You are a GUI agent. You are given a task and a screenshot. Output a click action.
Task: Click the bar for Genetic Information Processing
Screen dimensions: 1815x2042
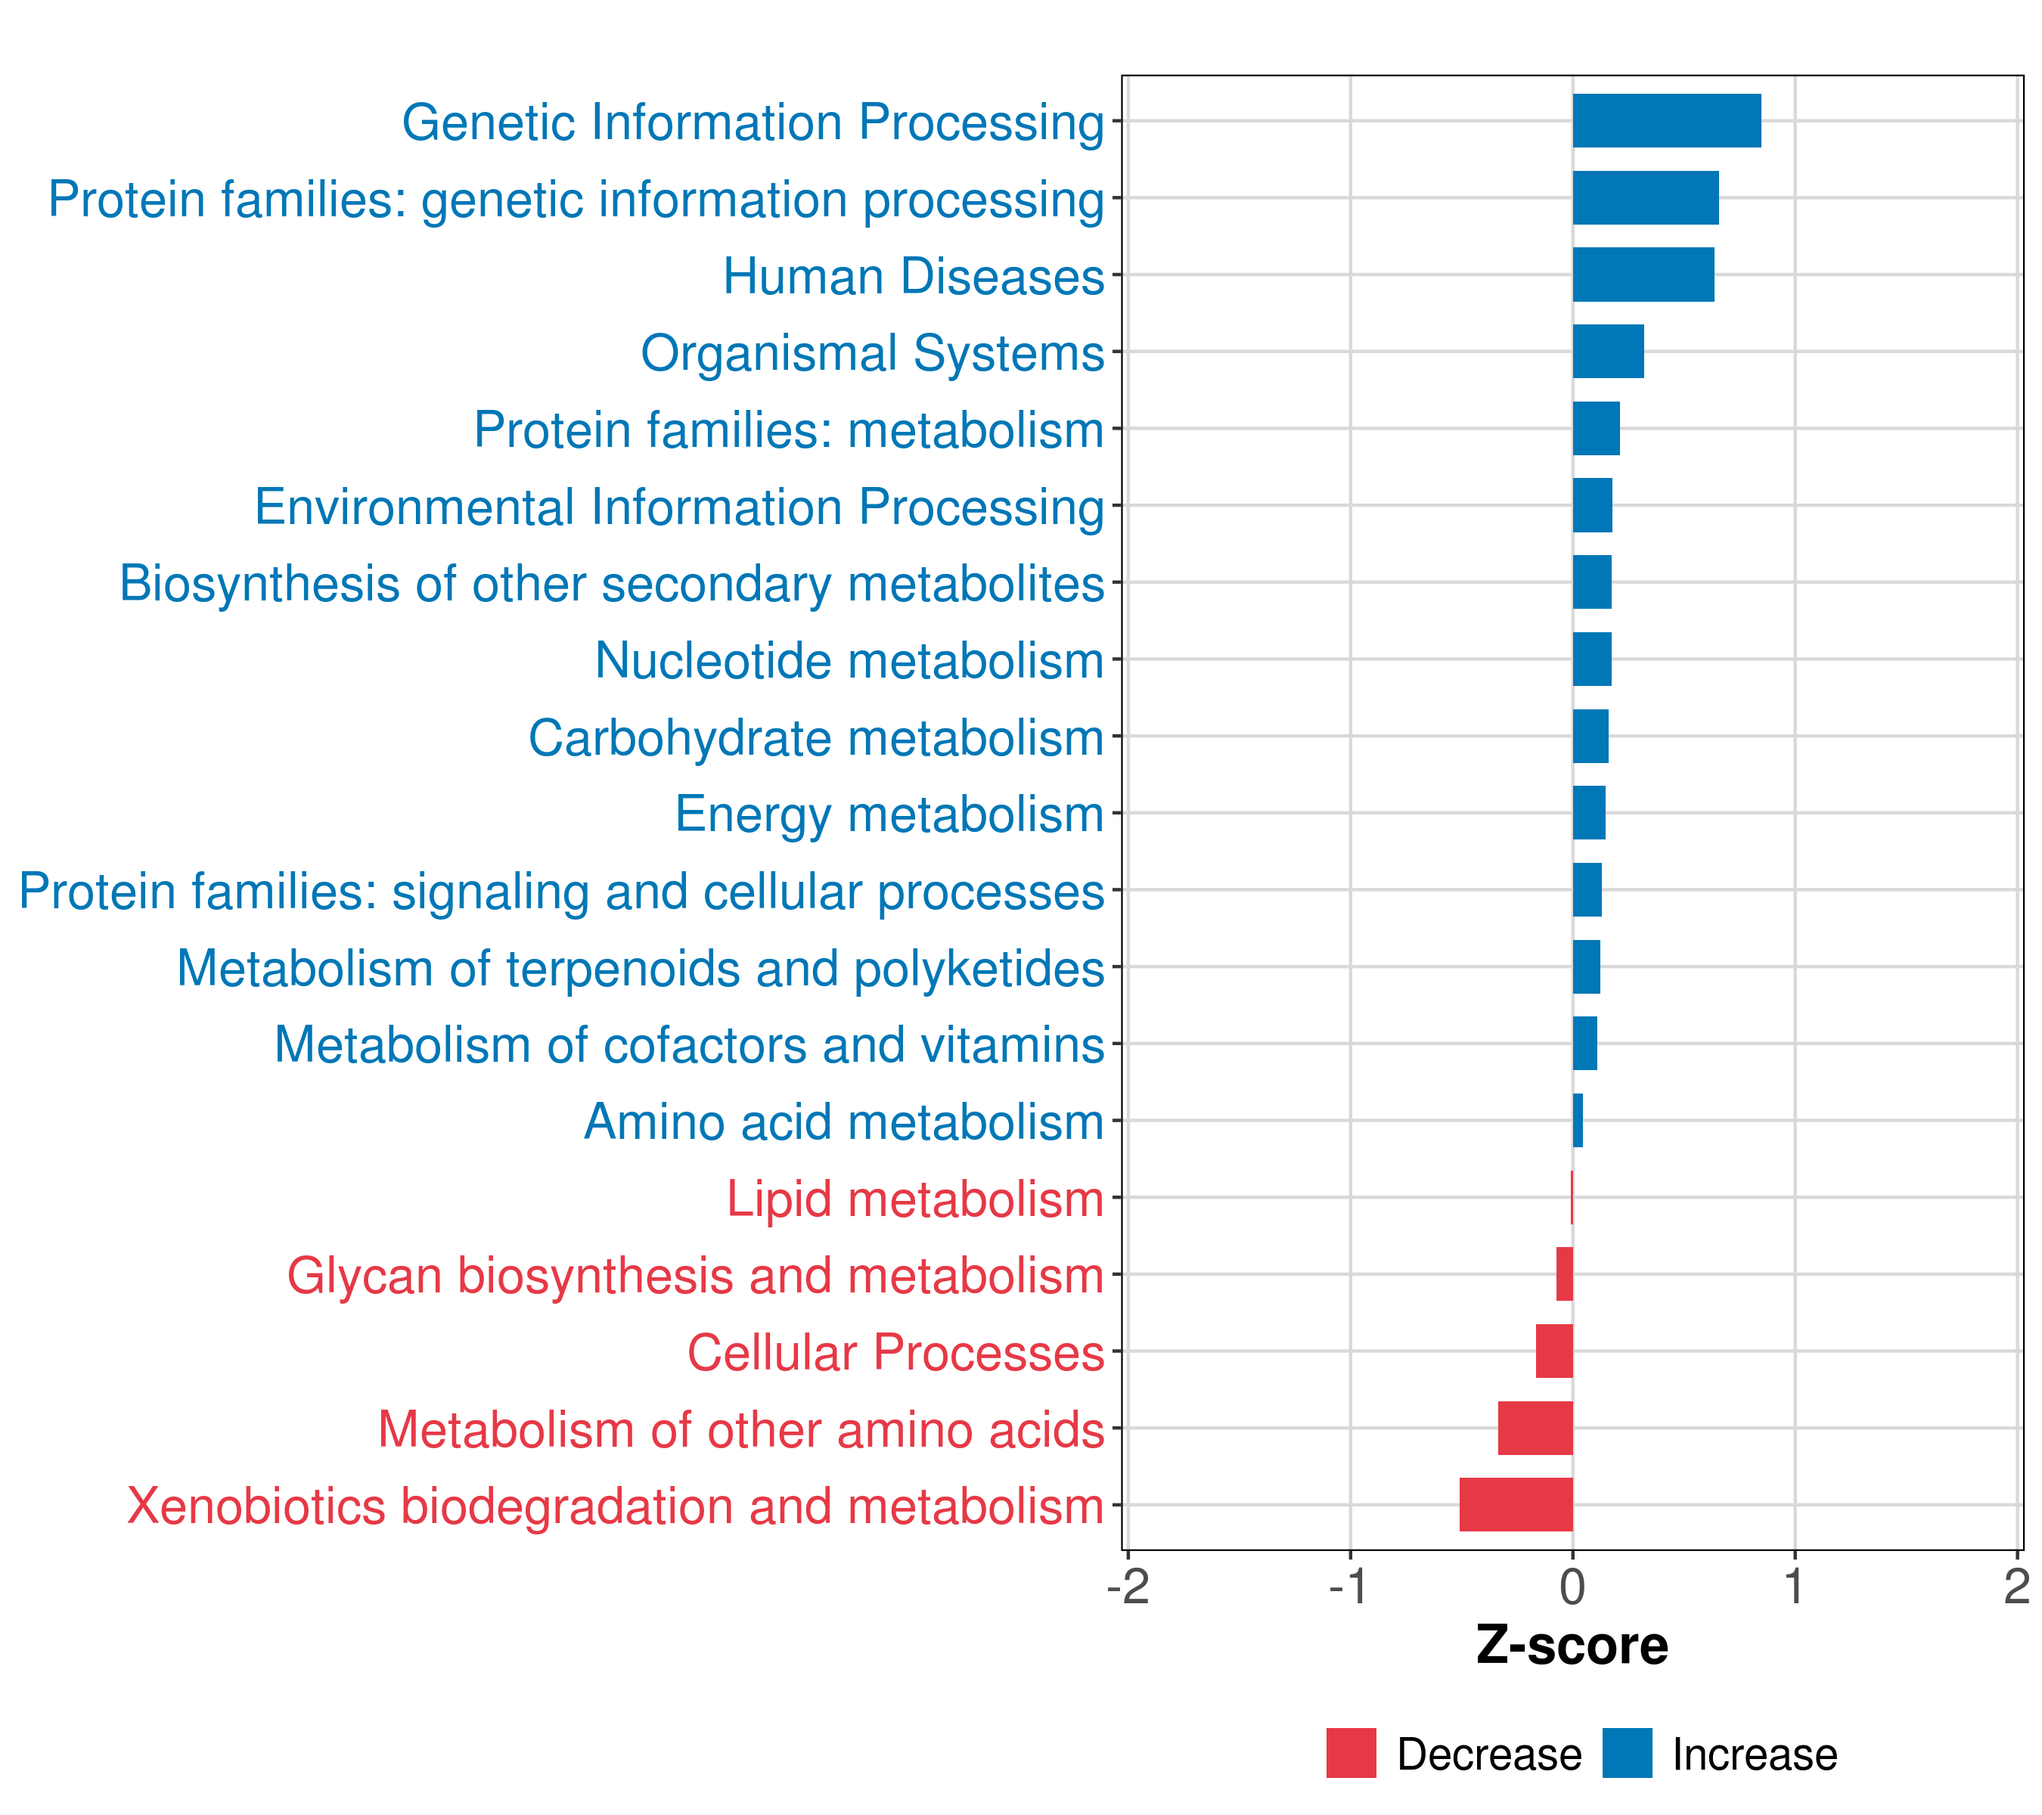(1666, 121)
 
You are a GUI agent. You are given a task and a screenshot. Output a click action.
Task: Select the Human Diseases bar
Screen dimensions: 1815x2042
(1643, 275)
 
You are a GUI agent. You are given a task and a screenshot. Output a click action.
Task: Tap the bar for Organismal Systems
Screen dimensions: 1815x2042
(1609, 352)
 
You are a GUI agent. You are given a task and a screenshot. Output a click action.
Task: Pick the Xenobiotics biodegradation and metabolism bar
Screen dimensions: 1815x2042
(1516, 1504)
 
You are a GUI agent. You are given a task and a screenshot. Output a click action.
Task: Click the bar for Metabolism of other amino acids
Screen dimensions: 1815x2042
(1535, 1428)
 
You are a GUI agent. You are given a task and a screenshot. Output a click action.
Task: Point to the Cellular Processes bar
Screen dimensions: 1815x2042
(1554, 1351)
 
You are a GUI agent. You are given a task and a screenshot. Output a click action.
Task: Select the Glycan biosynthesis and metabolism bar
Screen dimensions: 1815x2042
(1565, 1274)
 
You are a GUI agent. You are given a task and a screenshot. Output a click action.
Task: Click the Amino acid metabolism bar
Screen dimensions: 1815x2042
(1578, 1121)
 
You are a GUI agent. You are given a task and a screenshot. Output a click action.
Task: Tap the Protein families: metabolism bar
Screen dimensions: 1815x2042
(1597, 429)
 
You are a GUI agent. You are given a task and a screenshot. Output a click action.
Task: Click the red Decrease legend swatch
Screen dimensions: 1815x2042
(1351, 1753)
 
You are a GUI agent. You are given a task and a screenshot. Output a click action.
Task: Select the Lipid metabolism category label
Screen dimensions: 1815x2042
(914, 1199)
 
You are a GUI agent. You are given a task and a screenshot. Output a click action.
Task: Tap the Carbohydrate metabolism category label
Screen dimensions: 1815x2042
(815, 738)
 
